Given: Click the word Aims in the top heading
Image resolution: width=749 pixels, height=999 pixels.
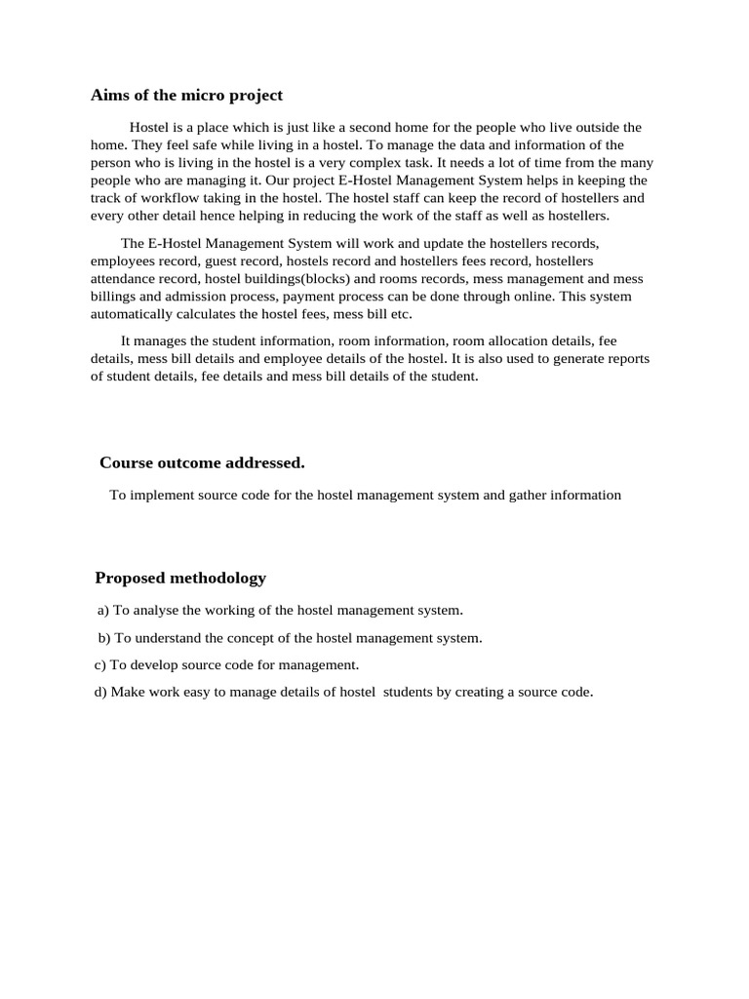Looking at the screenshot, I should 109,96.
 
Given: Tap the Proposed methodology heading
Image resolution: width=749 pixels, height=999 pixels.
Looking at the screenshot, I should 180,578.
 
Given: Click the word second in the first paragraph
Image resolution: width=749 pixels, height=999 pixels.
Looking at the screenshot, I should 378,128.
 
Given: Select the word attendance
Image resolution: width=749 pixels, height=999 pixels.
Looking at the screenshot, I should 122,279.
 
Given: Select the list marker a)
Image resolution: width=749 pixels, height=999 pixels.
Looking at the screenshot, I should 103,611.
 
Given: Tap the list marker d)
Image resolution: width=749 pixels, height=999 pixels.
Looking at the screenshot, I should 100,693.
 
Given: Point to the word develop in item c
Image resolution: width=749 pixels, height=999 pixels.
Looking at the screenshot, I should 153,665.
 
